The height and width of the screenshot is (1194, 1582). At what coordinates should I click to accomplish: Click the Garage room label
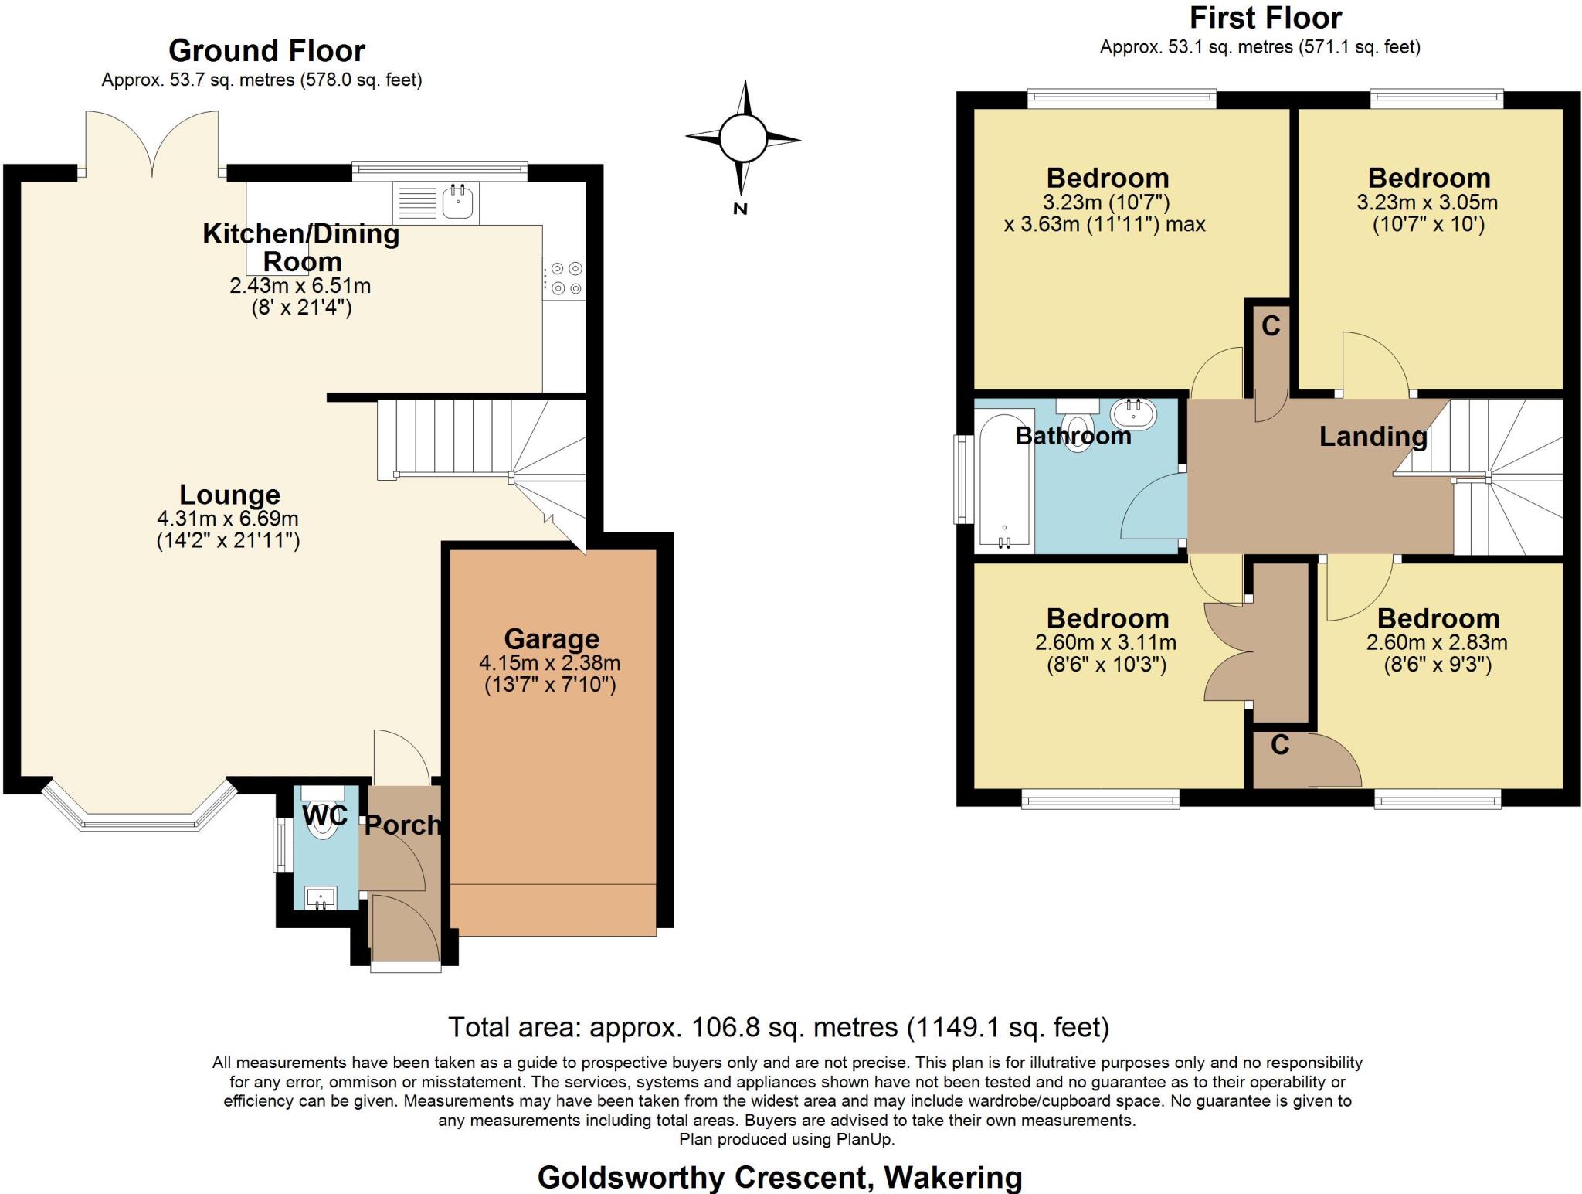(x=552, y=639)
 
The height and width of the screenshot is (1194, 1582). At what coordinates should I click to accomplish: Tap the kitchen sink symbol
(x=458, y=202)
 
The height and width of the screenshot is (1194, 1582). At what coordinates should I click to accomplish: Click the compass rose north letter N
(x=740, y=209)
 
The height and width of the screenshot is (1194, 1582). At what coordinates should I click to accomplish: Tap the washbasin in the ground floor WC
(x=321, y=898)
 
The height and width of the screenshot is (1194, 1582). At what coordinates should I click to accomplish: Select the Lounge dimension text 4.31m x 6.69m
(x=228, y=519)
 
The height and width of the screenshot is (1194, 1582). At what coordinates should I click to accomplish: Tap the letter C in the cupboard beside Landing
(x=1271, y=326)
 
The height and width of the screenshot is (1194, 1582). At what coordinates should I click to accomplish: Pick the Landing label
(x=1373, y=437)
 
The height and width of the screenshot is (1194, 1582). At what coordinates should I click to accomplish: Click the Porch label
(x=402, y=825)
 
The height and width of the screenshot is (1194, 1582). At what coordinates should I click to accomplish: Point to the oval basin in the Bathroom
(x=1133, y=414)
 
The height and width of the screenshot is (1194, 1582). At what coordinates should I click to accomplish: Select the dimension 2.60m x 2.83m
(x=1436, y=642)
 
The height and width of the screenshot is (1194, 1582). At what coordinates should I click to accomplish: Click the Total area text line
(x=778, y=1027)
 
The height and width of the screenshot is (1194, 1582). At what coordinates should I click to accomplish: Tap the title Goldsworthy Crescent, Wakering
(x=779, y=1177)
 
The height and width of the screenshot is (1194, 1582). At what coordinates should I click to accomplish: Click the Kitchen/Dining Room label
(x=301, y=247)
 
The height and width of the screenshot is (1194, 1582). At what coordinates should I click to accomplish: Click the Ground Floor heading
(x=266, y=51)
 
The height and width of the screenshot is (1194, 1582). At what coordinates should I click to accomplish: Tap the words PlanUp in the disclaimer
(x=864, y=1139)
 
